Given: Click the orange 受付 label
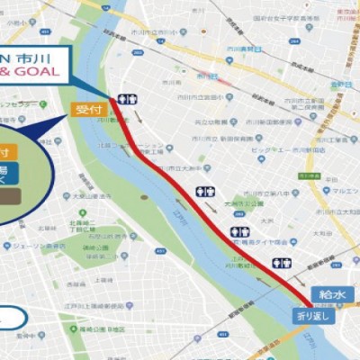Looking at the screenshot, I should click(83, 110).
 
